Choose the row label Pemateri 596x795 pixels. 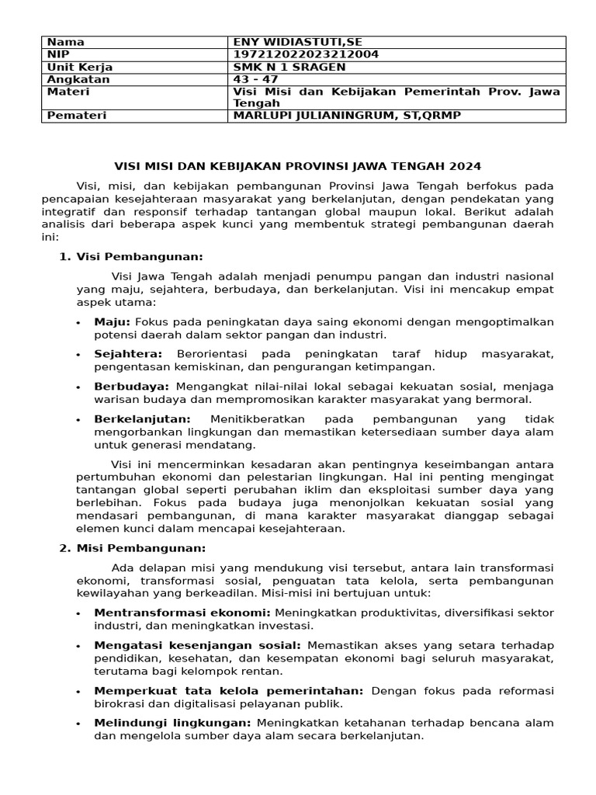[x=77, y=115]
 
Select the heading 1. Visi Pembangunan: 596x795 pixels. [x=132, y=257]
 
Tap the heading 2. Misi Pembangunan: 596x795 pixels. [x=132, y=548]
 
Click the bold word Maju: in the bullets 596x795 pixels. [x=113, y=321]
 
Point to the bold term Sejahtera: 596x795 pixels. [x=128, y=354]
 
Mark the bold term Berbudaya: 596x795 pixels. [x=131, y=386]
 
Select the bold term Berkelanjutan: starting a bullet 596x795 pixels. [x=142, y=418]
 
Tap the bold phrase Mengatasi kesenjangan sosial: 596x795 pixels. [x=197, y=645]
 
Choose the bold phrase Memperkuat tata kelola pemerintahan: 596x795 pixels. [x=228, y=690]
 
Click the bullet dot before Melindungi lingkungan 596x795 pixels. [x=79, y=724]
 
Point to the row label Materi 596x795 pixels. [x=68, y=92]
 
